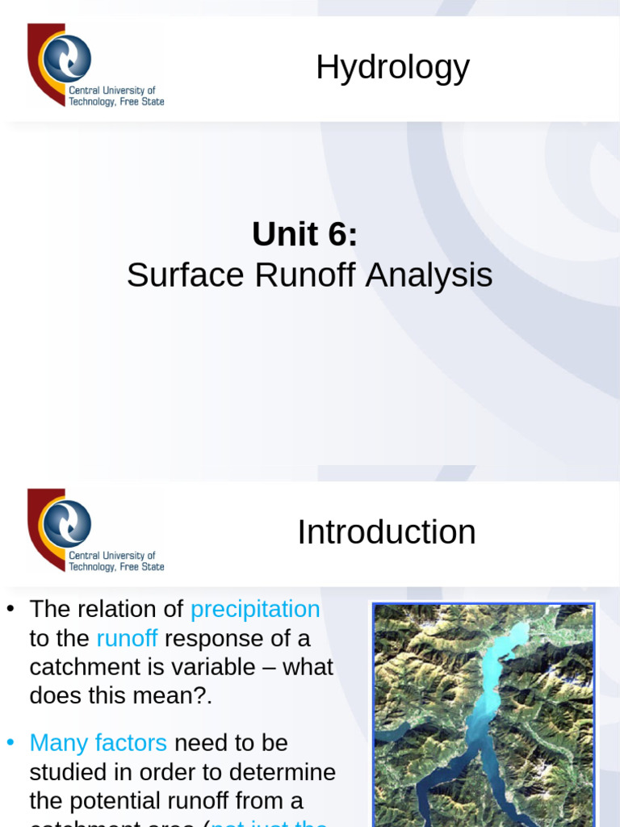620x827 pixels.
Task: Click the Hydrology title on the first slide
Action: click(392, 68)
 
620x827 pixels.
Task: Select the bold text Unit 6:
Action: click(304, 234)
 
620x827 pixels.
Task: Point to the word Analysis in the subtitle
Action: click(429, 275)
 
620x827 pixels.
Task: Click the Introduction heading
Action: click(386, 532)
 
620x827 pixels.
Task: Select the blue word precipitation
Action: click(255, 609)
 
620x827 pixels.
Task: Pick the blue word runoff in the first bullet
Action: click(127, 639)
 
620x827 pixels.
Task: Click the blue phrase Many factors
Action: click(98, 742)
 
